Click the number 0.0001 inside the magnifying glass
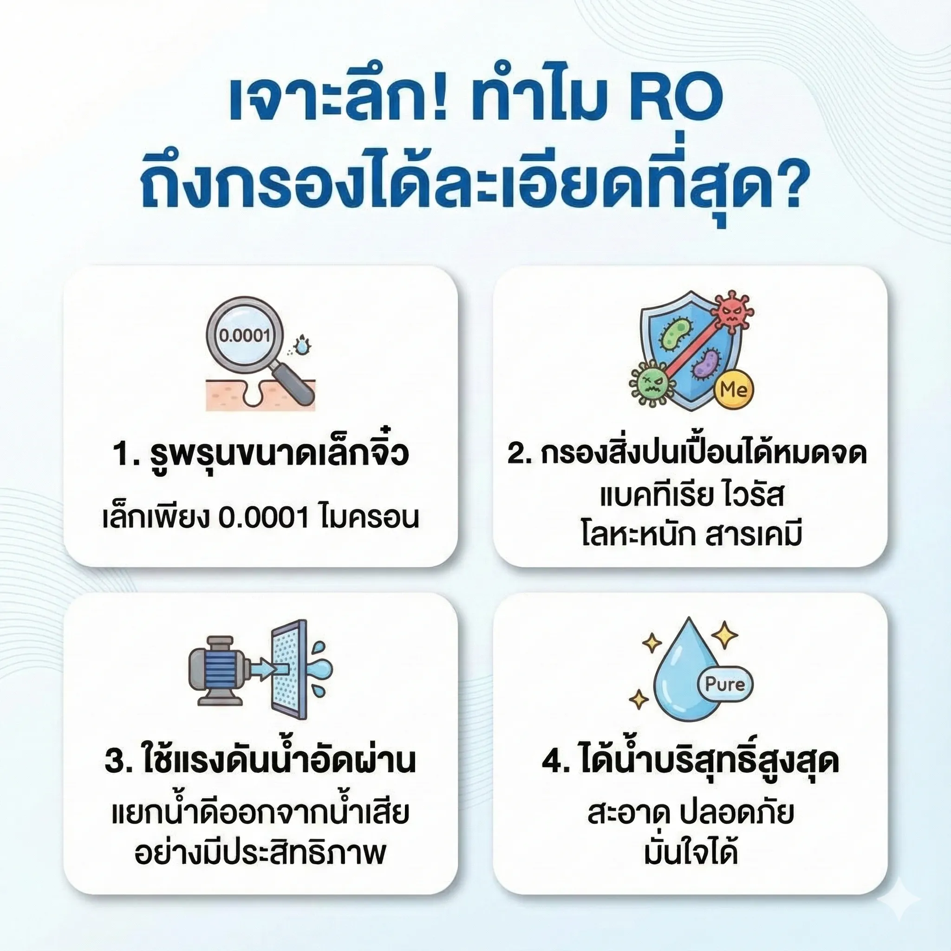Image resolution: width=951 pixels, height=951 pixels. tap(245, 336)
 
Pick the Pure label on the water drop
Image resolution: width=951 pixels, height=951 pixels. tap(725, 684)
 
